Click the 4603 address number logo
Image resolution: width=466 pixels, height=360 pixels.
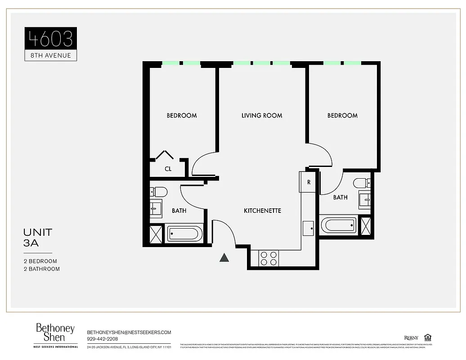50,38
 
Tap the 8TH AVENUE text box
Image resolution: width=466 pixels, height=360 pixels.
50,55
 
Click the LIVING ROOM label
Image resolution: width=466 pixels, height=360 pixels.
262,116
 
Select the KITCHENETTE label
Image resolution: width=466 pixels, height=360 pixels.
263,211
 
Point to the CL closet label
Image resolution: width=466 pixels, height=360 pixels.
168,169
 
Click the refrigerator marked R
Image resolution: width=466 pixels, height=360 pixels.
309,182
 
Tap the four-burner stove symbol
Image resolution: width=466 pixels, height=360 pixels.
269,258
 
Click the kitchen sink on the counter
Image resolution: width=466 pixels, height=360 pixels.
309,228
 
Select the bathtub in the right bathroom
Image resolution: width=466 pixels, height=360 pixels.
338,225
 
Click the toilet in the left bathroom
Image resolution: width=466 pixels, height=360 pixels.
158,192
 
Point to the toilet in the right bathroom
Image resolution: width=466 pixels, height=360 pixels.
362,183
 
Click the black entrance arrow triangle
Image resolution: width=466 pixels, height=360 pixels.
224,257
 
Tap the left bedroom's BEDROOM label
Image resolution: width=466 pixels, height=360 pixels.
182,116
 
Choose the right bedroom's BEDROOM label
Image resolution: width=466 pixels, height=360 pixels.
342,116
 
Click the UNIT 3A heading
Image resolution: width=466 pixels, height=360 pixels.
38,238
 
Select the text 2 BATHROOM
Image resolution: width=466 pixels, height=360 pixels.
42,269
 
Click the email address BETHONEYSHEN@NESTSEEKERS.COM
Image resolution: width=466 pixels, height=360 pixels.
129,332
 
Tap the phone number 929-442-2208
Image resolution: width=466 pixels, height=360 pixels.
103,339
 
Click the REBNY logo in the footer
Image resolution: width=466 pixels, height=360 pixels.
411,338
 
